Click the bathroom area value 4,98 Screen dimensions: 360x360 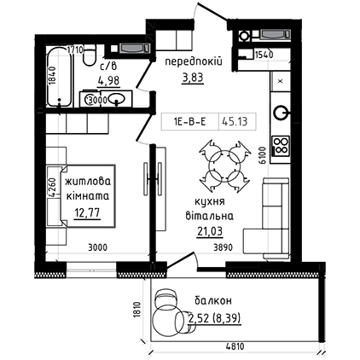[x=109, y=80]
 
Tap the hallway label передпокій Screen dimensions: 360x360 [x=194, y=61]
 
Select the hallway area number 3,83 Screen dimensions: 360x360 [x=193, y=77]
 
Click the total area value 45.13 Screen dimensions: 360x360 [x=235, y=122]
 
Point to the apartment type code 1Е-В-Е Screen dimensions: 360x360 [x=189, y=122]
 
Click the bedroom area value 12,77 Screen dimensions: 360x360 [x=87, y=212]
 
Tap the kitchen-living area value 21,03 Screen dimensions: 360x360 [x=210, y=231]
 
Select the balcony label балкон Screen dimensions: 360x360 [x=213, y=301]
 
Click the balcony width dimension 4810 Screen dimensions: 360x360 [x=235, y=346]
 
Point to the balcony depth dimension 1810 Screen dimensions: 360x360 [x=137, y=311]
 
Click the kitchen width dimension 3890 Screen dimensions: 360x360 [x=223, y=247]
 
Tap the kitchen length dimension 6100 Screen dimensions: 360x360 [x=263, y=155]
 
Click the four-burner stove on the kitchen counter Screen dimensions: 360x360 [x=281, y=146]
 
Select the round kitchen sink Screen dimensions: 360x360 [x=281, y=113]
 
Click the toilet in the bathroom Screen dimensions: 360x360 [x=90, y=55]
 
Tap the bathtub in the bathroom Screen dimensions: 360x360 [x=59, y=76]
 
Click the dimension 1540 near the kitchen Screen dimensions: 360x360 [x=264, y=55]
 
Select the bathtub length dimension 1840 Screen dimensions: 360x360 [x=51, y=76]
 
